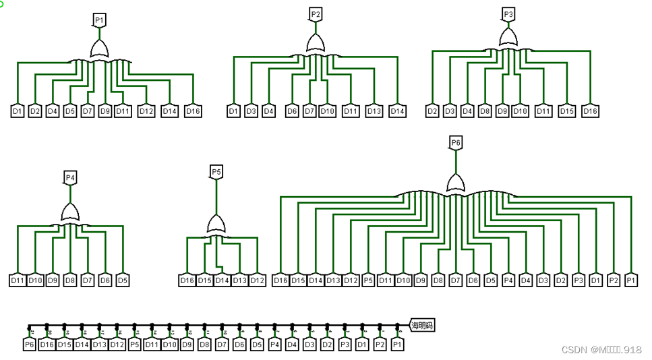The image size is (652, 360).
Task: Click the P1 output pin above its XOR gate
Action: coord(99,20)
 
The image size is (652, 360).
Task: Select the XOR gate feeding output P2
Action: coord(316,44)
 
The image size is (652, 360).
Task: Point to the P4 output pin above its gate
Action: coord(70,177)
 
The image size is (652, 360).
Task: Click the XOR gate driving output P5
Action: coord(216,224)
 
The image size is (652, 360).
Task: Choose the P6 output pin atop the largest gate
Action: coord(456,142)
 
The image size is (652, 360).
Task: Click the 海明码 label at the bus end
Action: coord(422,326)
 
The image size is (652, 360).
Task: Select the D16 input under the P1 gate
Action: coord(193,111)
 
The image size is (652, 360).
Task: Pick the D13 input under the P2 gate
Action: coord(374,111)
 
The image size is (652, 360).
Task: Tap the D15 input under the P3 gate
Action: coord(566,111)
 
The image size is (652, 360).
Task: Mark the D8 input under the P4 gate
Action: coord(70,280)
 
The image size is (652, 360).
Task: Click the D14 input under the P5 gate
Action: coord(222,280)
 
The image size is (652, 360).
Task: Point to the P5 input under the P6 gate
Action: coord(368,280)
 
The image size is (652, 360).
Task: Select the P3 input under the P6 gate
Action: coord(579,280)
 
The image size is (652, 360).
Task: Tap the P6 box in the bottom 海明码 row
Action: coord(29,344)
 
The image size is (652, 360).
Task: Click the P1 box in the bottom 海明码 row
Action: coord(397,344)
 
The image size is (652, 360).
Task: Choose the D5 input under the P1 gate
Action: coord(70,111)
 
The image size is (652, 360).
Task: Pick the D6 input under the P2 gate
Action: coord(292,111)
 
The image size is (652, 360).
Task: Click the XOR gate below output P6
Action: coord(456,183)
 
